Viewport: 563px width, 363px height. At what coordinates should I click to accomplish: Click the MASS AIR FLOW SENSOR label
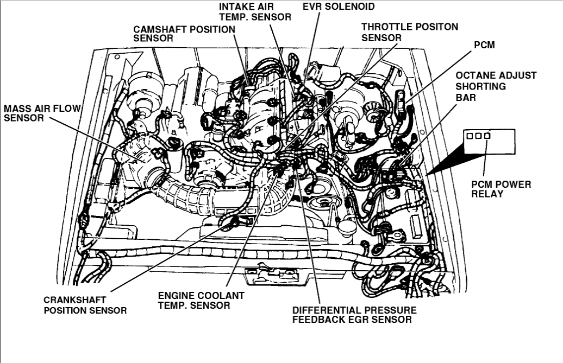41,113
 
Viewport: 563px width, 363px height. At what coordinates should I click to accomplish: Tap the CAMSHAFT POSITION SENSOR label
184,34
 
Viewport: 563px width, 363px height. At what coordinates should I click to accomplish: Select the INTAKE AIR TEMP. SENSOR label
255,11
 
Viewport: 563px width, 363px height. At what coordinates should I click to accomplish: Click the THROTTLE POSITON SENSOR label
409,32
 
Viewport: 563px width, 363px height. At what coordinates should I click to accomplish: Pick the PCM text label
484,45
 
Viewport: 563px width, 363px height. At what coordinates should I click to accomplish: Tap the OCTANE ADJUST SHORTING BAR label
496,86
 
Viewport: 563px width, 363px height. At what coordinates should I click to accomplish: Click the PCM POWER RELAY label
501,189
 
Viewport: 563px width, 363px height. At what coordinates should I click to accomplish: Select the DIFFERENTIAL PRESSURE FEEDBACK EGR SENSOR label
354,315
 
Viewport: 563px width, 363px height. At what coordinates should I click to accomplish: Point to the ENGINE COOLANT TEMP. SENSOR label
201,300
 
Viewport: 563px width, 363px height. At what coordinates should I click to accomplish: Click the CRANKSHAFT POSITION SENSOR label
85,305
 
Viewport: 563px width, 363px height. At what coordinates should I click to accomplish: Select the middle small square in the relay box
478,136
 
